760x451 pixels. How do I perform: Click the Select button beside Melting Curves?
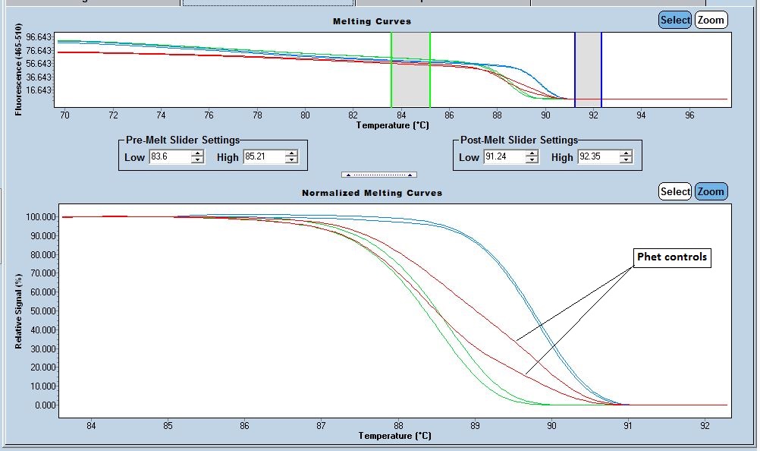[674, 20]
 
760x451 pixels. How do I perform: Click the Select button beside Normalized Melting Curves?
[674, 191]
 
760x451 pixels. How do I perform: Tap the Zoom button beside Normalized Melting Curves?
[711, 191]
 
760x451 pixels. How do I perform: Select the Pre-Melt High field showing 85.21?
[262, 157]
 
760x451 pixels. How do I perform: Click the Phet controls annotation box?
[671, 257]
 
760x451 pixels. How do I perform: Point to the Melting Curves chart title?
[372, 21]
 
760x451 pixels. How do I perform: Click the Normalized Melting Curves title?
[372, 193]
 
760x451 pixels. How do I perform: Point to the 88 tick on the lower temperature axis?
[397, 426]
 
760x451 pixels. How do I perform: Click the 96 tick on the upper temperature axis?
[689, 115]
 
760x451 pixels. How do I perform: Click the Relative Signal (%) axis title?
[18, 311]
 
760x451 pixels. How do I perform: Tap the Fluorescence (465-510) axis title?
[18, 70]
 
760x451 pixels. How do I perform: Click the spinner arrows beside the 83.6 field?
[197, 157]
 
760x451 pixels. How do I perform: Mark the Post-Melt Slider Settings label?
[519, 140]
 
